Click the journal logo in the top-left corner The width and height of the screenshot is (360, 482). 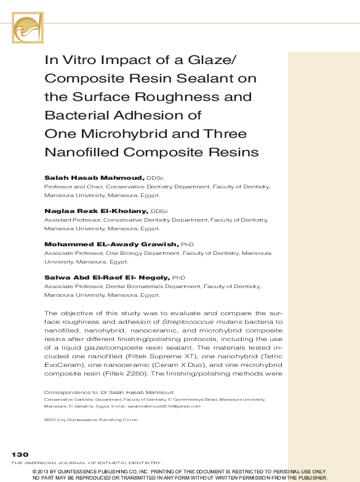[x=28, y=28]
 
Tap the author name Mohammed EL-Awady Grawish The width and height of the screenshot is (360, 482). [x=111, y=244]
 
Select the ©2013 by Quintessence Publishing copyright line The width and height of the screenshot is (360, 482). [x=92, y=420]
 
